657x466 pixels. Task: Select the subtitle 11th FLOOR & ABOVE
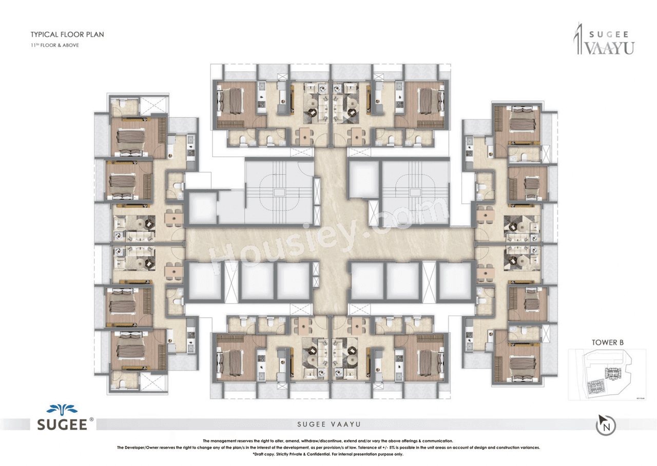54,45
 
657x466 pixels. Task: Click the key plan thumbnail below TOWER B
606,375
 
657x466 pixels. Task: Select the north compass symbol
606,425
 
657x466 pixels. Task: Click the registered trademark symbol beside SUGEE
92,419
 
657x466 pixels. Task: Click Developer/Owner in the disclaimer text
142,448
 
